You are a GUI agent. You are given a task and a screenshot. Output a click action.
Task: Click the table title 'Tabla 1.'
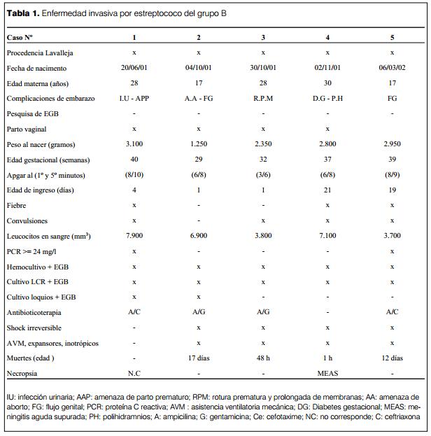click(x=25, y=14)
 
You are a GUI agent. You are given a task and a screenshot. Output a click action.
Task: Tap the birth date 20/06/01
click(x=134, y=68)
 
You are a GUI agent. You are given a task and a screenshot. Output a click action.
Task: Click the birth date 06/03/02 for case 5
click(x=392, y=68)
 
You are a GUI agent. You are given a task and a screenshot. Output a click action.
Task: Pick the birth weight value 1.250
click(x=199, y=144)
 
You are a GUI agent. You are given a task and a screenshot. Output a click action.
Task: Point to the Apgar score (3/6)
click(x=263, y=175)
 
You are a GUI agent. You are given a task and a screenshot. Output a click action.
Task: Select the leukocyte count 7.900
click(x=134, y=236)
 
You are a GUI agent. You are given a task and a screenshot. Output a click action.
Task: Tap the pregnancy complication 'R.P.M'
click(x=263, y=99)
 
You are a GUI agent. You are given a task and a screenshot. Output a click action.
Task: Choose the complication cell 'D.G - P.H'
click(x=327, y=99)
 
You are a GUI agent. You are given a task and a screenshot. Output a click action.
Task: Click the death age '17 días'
click(x=199, y=358)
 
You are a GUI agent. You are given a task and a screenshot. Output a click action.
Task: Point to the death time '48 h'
click(x=263, y=358)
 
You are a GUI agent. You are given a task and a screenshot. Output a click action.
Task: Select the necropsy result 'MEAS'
click(x=327, y=373)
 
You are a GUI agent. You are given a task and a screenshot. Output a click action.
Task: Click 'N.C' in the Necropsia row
click(x=134, y=373)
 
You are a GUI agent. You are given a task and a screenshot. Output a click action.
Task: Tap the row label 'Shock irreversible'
click(x=34, y=328)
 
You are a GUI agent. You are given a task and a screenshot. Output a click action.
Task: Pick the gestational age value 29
click(x=199, y=160)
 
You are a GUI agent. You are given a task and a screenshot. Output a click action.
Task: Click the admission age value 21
click(x=327, y=190)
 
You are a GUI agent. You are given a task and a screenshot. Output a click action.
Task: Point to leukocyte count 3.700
click(x=392, y=236)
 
